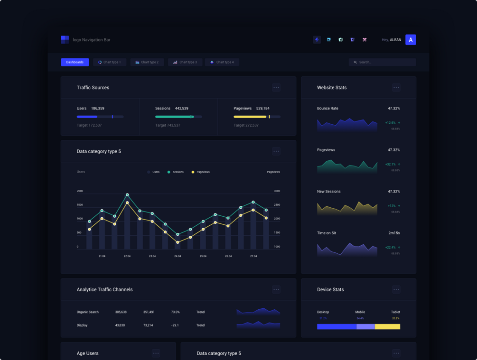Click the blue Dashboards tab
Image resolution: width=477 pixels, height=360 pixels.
(75, 62)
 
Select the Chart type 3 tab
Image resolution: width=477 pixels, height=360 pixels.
(185, 62)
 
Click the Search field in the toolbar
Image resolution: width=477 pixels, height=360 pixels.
(382, 62)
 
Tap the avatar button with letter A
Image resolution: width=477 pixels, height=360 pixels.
(411, 40)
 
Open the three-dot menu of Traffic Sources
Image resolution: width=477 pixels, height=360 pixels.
(276, 87)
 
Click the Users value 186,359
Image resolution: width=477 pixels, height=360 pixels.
(98, 108)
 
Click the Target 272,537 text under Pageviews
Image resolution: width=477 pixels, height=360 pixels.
(246, 125)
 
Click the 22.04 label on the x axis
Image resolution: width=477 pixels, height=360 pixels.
(127, 256)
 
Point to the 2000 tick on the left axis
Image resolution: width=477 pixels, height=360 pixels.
(80, 191)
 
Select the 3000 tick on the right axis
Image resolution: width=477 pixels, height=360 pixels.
(277, 191)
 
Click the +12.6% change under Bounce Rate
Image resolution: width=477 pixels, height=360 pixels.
(390, 122)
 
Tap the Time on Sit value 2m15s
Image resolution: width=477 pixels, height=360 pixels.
(394, 233)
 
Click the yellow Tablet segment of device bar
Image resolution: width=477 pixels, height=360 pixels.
(387, 326)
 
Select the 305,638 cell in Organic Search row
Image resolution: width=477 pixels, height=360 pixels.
(121, 312)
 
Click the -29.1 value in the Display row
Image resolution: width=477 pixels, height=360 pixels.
(175, 325)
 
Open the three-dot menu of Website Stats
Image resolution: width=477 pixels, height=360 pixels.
(396, 87)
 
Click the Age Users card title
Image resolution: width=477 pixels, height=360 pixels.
(88, 353)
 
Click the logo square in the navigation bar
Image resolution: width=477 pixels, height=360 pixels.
(65, 40)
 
